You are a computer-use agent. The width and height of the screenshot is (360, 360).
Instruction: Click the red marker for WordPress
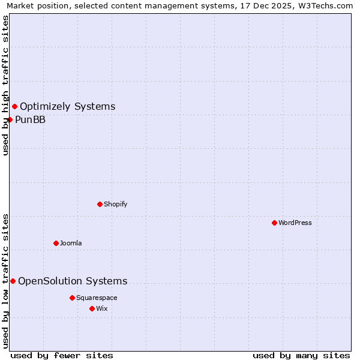(274, 223)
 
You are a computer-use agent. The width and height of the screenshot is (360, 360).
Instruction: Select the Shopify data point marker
(100, 204)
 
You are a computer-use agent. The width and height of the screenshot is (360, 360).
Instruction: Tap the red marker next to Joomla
(56, 243)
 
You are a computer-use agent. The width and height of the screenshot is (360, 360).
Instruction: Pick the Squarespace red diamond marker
(72, 298)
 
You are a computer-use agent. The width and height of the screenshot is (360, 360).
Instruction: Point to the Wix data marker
(92, 308)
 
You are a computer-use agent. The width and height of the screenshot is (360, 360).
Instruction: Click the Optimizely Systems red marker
(14, 107)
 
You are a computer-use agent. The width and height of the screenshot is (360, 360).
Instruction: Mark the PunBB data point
(10, 119)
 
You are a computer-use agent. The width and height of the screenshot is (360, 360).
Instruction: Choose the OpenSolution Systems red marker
(13, 281)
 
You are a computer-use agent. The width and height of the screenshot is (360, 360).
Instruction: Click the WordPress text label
(295, 223)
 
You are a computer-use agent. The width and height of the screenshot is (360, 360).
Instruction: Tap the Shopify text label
(116, 204)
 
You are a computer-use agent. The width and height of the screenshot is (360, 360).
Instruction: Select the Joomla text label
(71, 243)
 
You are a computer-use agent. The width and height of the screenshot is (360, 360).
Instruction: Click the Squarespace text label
(97, 298)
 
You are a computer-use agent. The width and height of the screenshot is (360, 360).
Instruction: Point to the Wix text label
(101, 308)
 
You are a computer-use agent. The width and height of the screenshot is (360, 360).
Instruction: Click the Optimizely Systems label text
(67, 107)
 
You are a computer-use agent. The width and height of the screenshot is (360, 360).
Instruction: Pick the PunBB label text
(30, 119)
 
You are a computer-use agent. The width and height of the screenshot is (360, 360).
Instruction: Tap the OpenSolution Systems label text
(73, 281)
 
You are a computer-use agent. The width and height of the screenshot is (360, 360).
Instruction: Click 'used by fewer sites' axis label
(62, 355)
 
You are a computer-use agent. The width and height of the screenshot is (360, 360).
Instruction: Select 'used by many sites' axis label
(301, 355)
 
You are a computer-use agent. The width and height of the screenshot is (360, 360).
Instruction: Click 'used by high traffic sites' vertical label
(5, 85)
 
